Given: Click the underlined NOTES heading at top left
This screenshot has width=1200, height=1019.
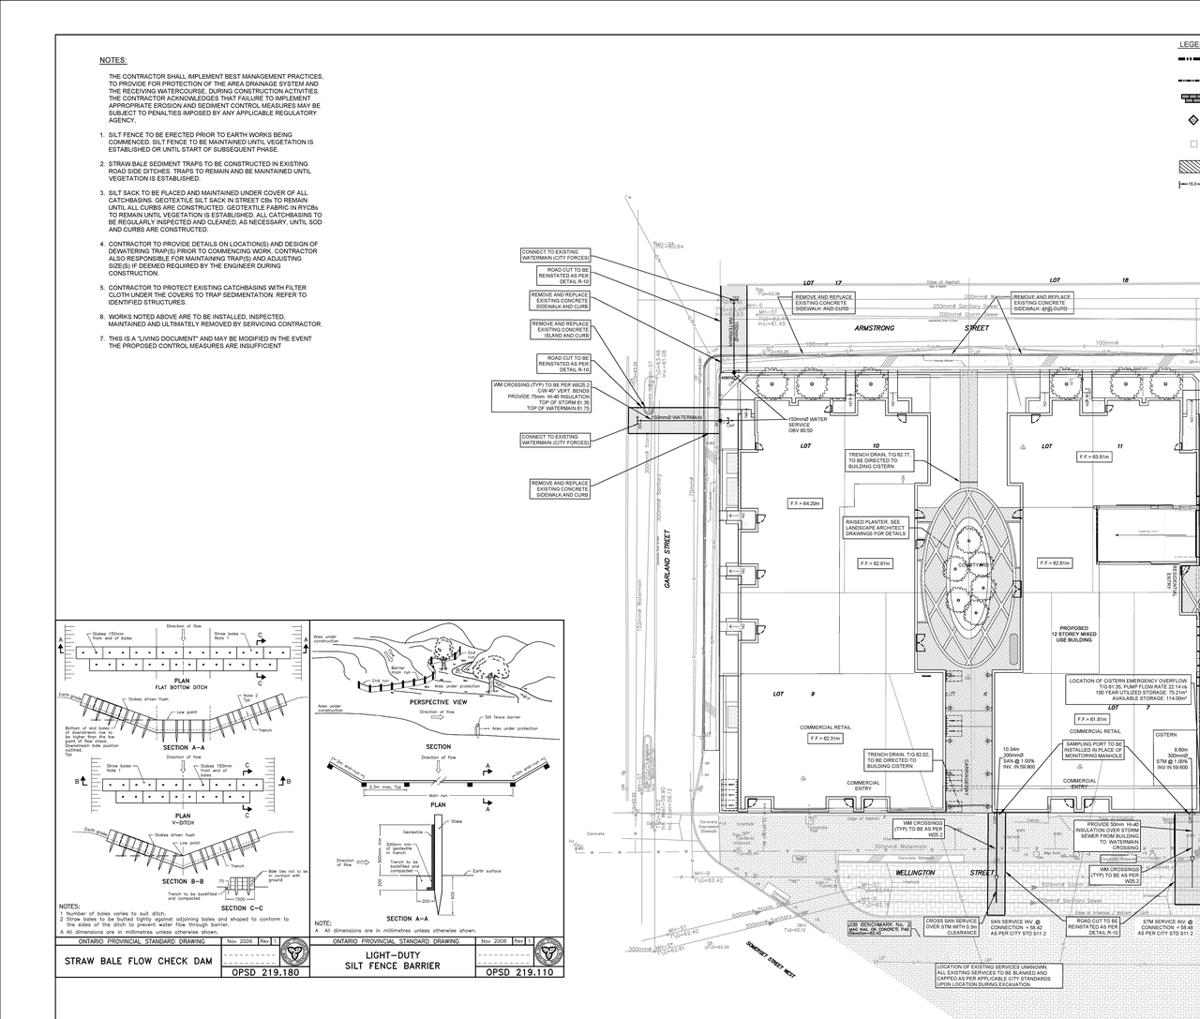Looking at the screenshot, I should coord(113,60).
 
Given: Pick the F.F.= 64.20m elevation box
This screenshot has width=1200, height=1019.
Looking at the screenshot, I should coord(805,503).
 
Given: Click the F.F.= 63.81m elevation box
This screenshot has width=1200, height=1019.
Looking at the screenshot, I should coord(1094,457).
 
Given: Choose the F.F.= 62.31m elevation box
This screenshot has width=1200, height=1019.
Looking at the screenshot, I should coord(826,739).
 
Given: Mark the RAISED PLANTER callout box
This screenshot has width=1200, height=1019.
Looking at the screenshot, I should coord(875,528).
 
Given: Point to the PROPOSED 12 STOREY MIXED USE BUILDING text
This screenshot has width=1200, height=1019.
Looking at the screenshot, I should coord(1073,635).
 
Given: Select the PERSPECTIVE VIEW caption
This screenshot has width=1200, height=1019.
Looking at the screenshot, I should coord(438,701).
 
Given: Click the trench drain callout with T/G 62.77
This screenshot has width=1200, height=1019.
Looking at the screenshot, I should coord(879,459).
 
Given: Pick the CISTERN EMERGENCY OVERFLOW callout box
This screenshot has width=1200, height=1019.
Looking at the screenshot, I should coord(1130,689).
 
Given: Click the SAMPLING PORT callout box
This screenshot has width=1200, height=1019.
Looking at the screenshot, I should coord(1092,750).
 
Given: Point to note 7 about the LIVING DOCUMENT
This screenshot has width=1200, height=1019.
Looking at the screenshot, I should coord(209,342).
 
